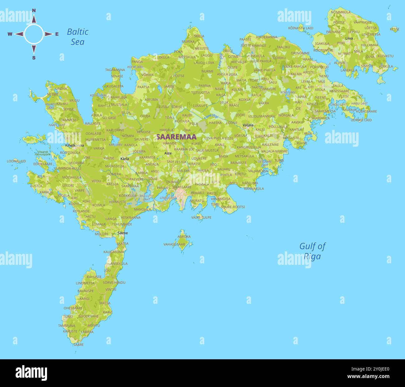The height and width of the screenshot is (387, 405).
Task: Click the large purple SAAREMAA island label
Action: [176, 137]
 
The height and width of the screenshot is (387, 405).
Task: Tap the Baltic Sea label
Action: [78, 36]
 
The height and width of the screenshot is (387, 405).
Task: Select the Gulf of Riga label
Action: [312, 251]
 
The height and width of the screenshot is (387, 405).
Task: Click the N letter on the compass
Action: [34, 11]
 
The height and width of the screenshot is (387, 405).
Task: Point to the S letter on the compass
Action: [34, 58]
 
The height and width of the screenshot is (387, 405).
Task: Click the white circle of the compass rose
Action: [34, 34]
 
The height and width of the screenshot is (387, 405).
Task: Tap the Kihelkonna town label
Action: [74, 145]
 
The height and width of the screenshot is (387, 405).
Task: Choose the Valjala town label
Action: [248, 125]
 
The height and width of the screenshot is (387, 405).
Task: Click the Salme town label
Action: [123, 233]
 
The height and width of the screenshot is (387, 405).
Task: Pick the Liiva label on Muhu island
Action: [349, 38]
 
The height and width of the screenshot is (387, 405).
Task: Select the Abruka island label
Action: [184, 236]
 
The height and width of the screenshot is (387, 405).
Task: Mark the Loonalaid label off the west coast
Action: [16, 161]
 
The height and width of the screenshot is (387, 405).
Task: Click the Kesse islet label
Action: [394, 29]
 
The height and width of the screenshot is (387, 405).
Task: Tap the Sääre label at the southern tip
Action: [79, 345]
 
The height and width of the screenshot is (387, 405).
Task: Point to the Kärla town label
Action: [125, 159]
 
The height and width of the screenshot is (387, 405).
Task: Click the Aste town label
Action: [168, 153]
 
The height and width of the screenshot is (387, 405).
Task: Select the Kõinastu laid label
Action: [301, 28]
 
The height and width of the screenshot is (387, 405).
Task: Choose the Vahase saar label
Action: [174, 245]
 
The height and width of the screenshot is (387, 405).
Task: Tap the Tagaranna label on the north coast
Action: [115, 70]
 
